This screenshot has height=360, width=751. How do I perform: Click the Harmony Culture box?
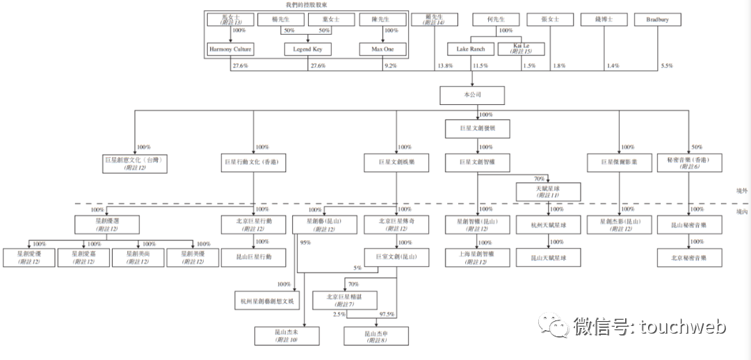pos(229,49)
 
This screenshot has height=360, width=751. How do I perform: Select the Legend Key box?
pos(307,49)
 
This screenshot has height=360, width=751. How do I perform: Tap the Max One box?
pos(382,49)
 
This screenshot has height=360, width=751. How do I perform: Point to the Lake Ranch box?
pos(470,49)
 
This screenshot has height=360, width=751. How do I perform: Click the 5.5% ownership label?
pos(667,66)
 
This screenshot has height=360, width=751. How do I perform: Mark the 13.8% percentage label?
pos(444,66)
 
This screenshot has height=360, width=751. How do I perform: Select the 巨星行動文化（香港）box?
pos(253,163)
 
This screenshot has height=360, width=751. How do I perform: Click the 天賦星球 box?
pos(548,192)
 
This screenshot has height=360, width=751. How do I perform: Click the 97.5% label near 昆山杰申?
pos(387,315)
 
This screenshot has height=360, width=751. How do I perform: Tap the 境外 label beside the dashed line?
pos(742,190)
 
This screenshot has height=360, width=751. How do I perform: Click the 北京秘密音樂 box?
pos(690,258)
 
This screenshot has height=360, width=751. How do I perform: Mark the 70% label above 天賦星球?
pos(539,179)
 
